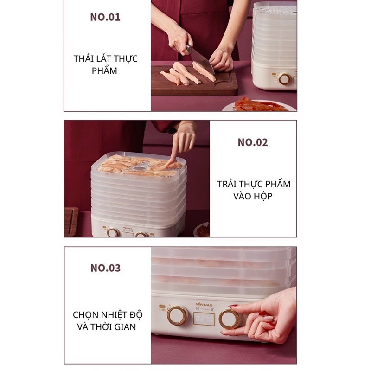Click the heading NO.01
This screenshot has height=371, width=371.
(105, 18)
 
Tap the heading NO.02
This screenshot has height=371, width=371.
(253, 142)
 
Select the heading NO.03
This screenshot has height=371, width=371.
(105, 268)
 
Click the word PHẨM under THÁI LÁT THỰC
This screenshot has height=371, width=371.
(105, 71)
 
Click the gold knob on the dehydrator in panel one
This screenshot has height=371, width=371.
(284, 78)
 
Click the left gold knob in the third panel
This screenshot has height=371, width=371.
(177, 315)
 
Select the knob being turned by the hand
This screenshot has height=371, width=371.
(230, 319)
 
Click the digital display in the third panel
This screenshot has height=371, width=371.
(204, 319)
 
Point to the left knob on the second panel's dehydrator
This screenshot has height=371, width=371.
(112, 232)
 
